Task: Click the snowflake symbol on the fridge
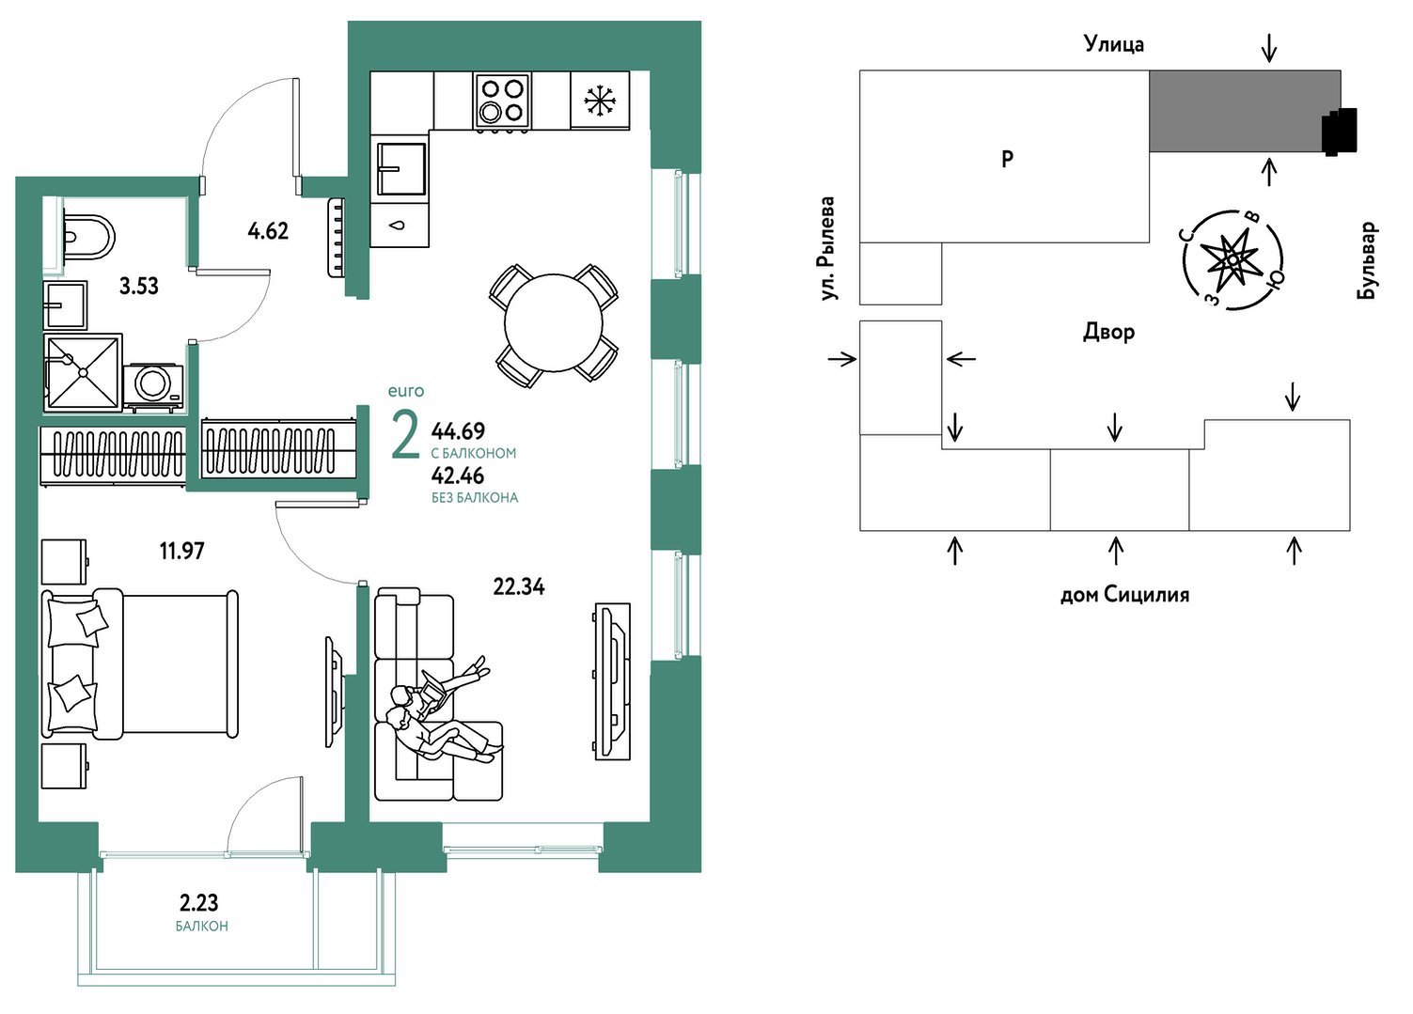pyautogui.click(x=599, y=101)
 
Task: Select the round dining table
pyautogui.click(x=553, y=323)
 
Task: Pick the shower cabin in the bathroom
pyautogui.click(x=83, y=373)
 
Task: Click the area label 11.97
pyautogui.click(x=181, y=551)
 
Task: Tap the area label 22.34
pyautogui.click(x=519, y=587)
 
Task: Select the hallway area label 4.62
pyautogui.click(x=268, y=231)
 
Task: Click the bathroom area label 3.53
pyautogui.click(x=139, y=287)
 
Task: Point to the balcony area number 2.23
pyautogui.click(x=198, y=903)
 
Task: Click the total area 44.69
pyautogui.click(x=458, y=431)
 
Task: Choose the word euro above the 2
pyautogui.click(x=405, y=392)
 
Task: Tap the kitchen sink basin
pyautogui.click(x=400, y=168)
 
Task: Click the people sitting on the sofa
pyautogui.click(x=438, y=712)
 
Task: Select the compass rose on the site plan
pyautogui.click(x=1232, y=259)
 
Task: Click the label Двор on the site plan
pyautogui.click(x=1109, y=332)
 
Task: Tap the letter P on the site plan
pyautogui.click(x=1008, y=158)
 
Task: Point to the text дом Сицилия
pyautogui.click(x=1124, y=595)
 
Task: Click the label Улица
pyautogui.click(x=1114, y=44)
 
